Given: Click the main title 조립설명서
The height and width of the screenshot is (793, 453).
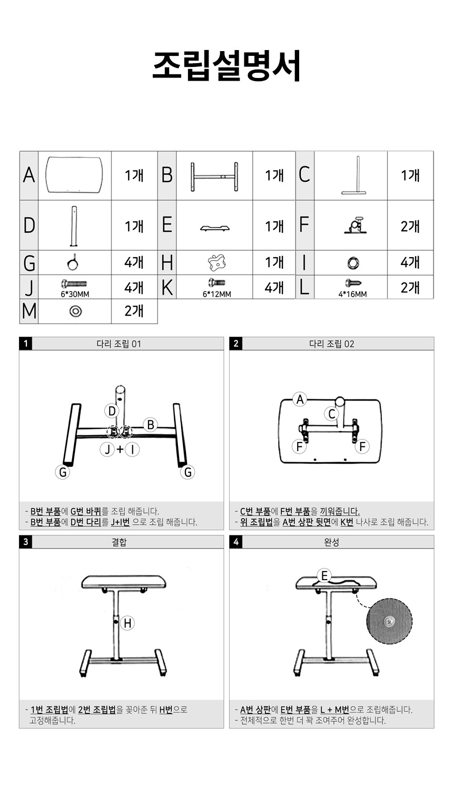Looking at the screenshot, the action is coord(226,66).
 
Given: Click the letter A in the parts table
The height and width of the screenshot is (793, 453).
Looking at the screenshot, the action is coord(29,175).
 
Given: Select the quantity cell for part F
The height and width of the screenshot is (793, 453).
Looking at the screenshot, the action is coord(410,226).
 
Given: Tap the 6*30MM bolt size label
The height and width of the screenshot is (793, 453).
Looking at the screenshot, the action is coord(75,294).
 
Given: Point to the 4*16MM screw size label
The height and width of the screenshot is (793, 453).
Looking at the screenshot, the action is coord(352,294).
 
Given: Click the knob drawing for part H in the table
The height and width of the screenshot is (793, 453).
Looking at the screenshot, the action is coord(216,262).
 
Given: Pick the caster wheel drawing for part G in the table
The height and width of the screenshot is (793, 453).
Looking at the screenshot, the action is coord(73,263).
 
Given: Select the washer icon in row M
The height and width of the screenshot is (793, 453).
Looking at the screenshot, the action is coord(75,311).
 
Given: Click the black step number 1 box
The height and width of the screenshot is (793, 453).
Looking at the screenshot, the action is coord(25,344).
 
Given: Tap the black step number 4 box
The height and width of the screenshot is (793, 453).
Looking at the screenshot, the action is coord(235,542).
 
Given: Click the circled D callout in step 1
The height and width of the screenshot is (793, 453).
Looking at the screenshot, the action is coord(112,411).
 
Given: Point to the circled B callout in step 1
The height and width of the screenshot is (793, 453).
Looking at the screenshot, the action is coord(151,425).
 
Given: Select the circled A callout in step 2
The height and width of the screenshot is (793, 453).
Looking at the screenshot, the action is coord(300,399).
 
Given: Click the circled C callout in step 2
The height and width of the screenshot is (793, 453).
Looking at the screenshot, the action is coord(332,414).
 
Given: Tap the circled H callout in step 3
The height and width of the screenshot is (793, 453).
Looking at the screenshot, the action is coord(127,623).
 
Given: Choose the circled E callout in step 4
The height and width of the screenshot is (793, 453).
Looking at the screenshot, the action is coord(324,575).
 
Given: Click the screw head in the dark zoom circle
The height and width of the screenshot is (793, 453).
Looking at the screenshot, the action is coord(389,621).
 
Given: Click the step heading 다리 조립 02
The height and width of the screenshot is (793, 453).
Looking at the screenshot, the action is coord(332,344).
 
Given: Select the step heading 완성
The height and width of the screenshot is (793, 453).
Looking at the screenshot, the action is coord(332,542).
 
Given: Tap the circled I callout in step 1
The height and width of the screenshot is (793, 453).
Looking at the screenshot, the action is coord(132,449).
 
